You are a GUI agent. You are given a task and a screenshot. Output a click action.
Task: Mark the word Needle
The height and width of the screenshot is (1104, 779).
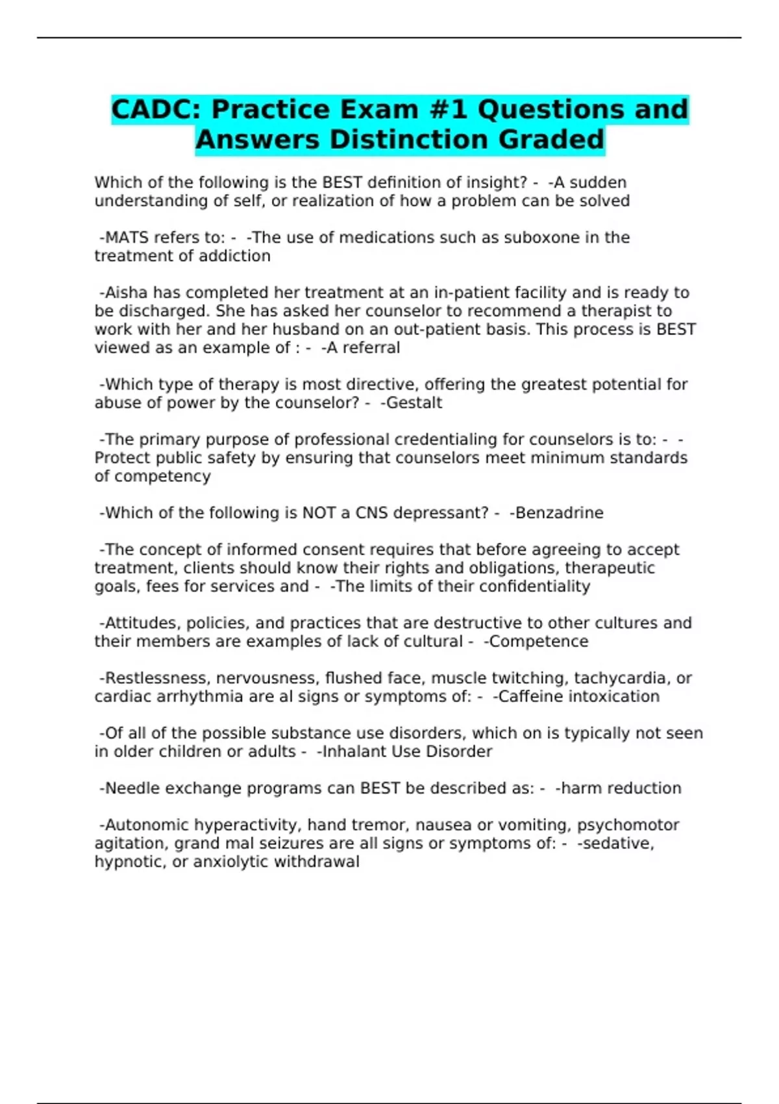(129, 788)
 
